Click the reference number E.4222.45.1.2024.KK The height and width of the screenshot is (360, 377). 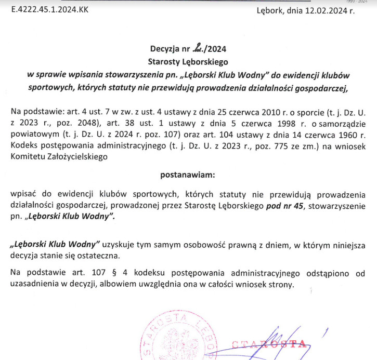pyautogui.click(x=45, y=10)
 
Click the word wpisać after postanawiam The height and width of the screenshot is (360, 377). pyautogui.click(x=22, y=194)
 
